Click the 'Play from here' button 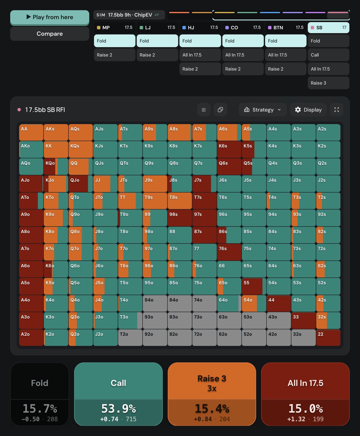pyautogui.click(x=50, y=17)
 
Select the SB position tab pyautogui.click(x=328, y=28)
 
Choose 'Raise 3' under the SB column pyautogui.click(x=328, y=83)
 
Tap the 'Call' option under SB pyautogui.click(x=328, y=55)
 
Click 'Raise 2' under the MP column pyautogui.click(x=114, y=55)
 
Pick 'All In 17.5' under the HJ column pyautogui.click(x=200, y=55)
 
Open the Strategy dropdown pyautogui.click(x=262, y=110)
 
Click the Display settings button pyautogui.click(x=308, y=110)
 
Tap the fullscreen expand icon pyautogui.click(x=336, y=110)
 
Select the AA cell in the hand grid pyautogui.click(x=31, y=132)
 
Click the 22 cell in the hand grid pyautogui.click(x=328, y=338)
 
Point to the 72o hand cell pyautogui.click(x=204, y=338)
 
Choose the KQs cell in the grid pyautogui.click(x=81, y=149)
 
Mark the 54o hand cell pyautogui.click(x=254, y=303)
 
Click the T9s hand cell pyautogui.click(x=155, y=201)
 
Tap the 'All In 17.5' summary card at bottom pyautogui.click(x=305, y=394)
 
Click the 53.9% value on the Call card pyautogui.click(x=118, y=409)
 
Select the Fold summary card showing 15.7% pyautogui.click(x=40, y=394)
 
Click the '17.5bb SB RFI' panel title pyautogui.click(x=45, y=110)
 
